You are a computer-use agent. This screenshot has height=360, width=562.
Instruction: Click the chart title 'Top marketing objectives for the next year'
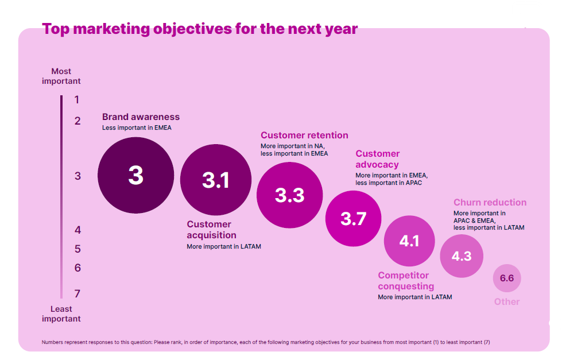(200, 29)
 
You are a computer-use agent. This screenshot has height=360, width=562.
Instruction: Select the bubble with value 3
(135, 175)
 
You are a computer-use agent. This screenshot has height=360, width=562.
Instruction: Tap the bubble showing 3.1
(216, 180)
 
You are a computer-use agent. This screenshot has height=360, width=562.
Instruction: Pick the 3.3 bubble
(289, 195)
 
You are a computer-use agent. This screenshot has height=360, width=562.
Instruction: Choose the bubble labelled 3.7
(353, 219)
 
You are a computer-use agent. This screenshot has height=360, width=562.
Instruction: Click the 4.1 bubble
(409, 241)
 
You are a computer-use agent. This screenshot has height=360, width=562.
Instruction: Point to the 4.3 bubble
(462, 256)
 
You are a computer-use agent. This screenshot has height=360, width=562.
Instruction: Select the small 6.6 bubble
(507, 278)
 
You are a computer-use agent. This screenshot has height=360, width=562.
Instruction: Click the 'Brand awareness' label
(141, 117)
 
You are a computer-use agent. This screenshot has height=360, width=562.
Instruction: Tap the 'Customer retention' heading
(304, 136)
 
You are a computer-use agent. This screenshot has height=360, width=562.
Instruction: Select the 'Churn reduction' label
(490, 203)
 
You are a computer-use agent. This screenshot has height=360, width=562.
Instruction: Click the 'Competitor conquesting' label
(406, 281)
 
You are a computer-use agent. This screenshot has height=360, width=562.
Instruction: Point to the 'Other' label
(507, 302)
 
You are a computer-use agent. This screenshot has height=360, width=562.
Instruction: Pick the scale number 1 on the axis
(77, 100)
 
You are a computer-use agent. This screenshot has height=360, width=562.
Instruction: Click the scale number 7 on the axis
(77, 294)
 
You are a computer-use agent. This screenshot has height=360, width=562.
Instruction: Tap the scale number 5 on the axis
(77, 249)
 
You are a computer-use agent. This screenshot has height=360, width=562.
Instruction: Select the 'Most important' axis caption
(61, 76)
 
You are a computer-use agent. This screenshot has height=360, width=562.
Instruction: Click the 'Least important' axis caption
(61, 314)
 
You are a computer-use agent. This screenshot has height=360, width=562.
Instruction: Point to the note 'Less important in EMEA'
(137, 128)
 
